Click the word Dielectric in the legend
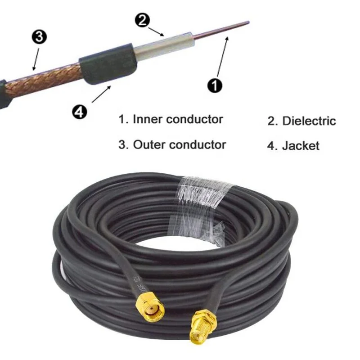click(309, 121)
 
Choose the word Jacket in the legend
click(301, 145)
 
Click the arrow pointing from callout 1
click(223, 56)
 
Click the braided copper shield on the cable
click(49, 79)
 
